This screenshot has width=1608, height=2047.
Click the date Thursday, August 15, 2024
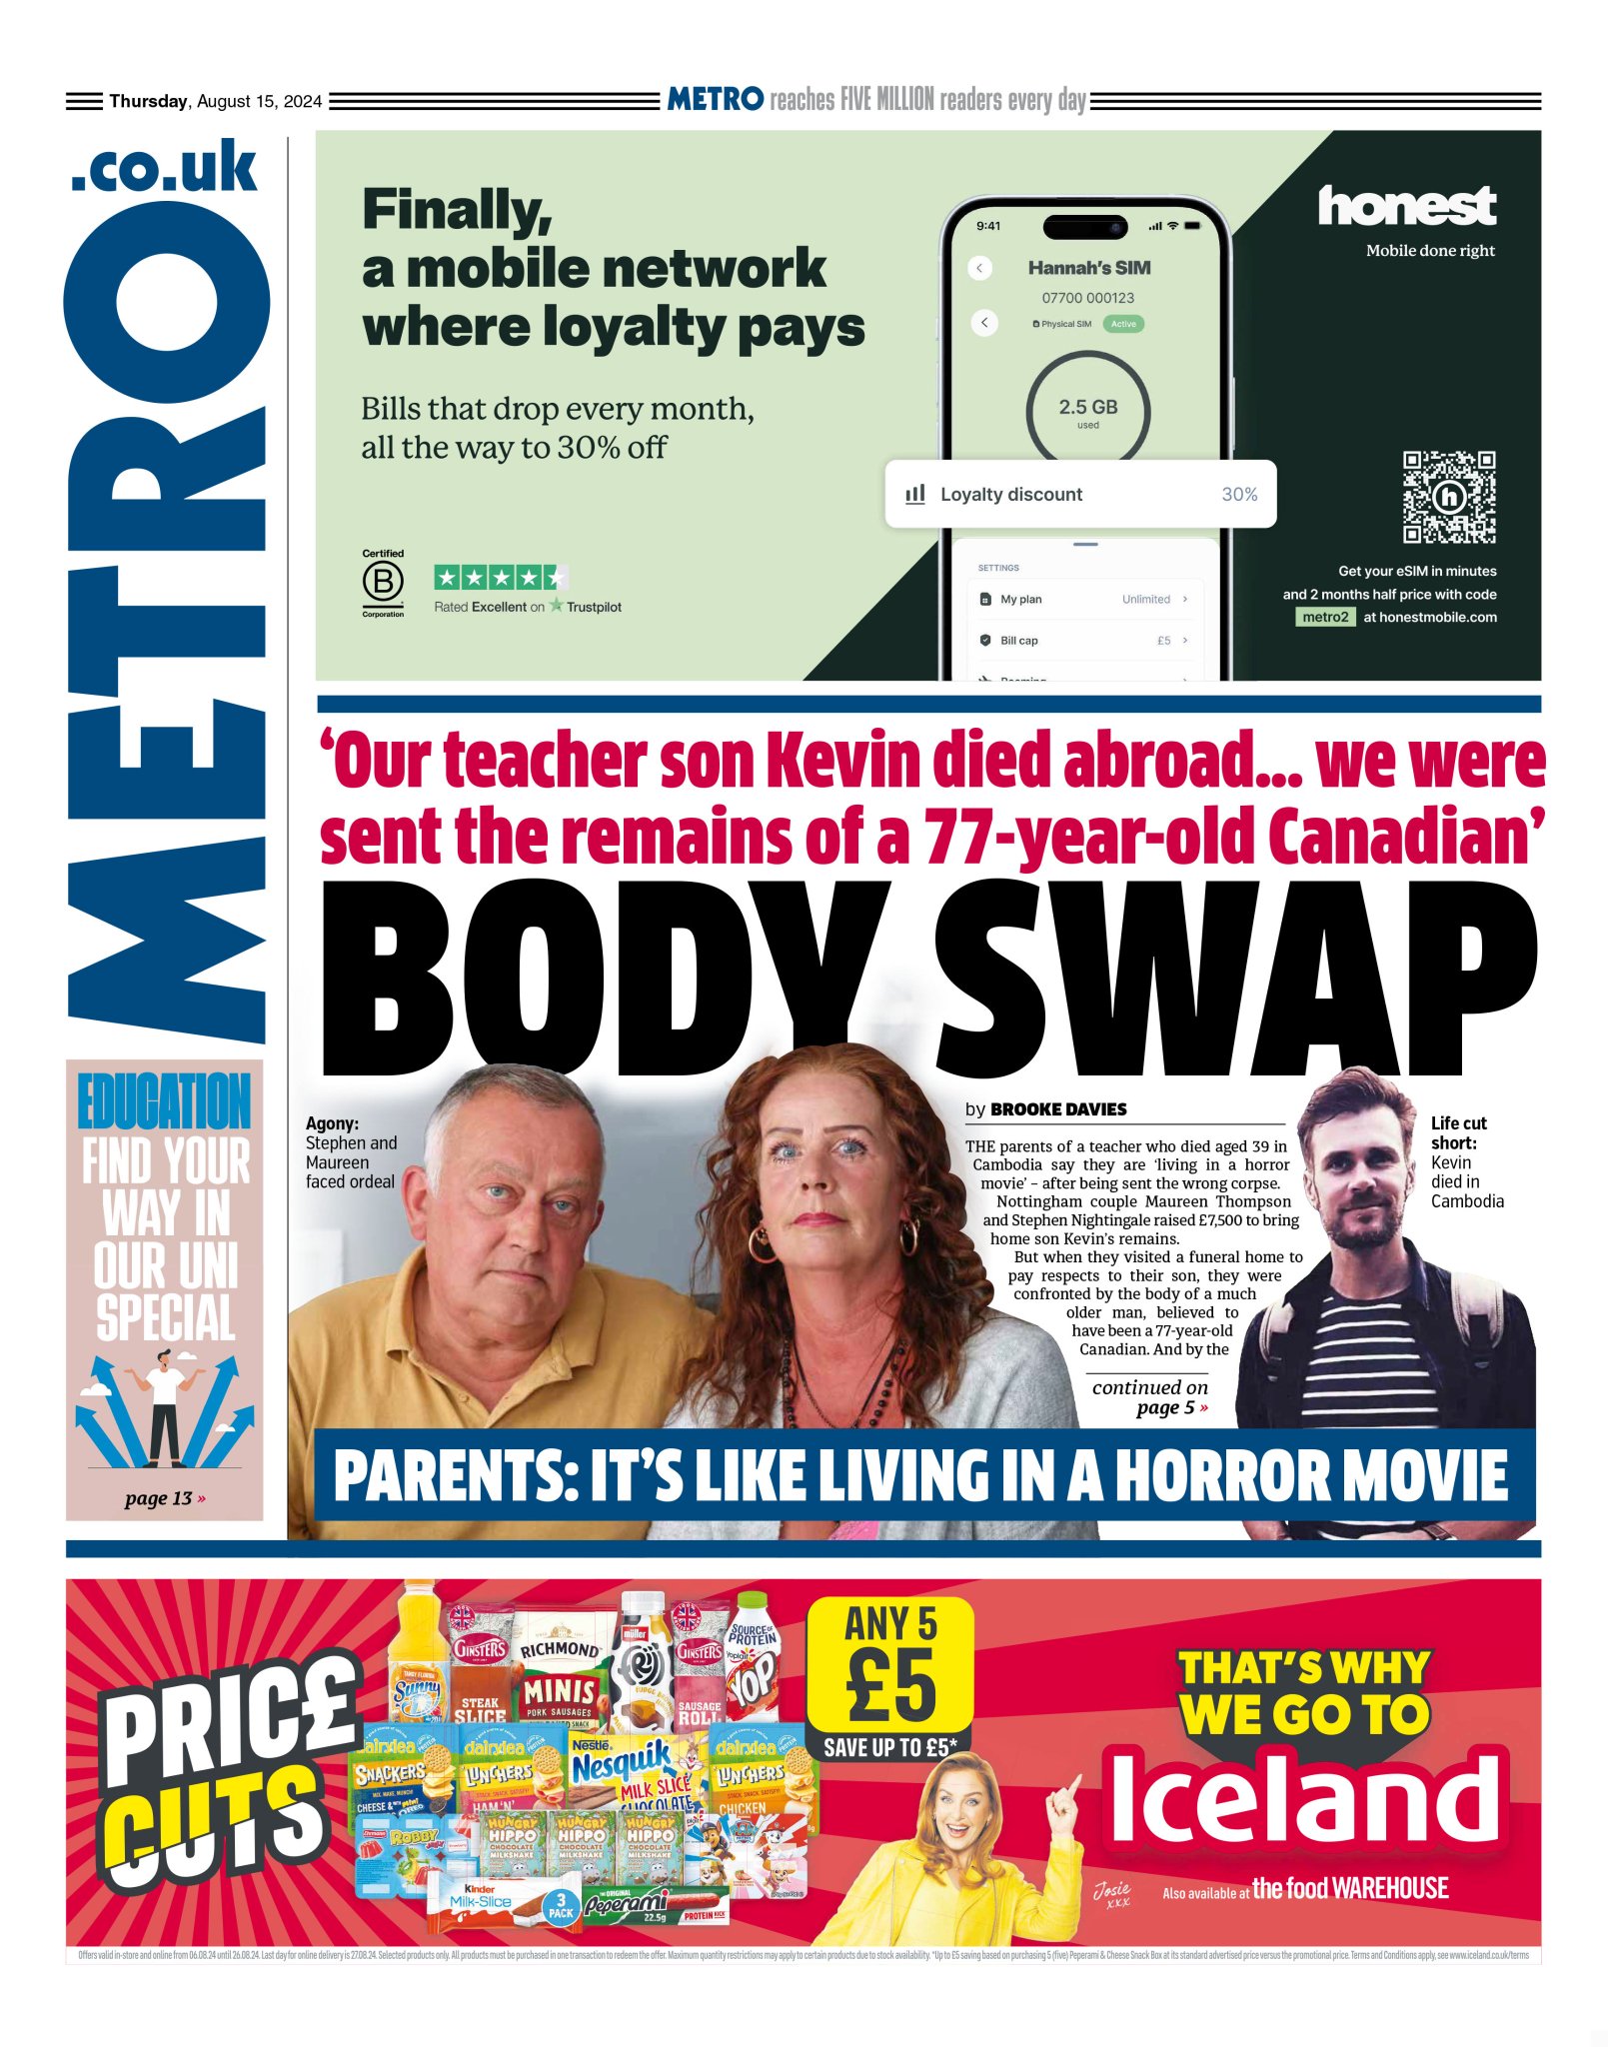pos(215,101)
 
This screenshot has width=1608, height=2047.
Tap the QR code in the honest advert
pos(1448,497)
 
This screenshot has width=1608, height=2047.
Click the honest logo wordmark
pos(1406,207)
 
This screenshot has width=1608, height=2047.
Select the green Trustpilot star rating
pos(501,577)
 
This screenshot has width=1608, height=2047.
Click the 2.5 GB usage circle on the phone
pos(1087,411)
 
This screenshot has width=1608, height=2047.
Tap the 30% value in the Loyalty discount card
pos(1239,494)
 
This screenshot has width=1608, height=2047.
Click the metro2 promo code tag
pos(1325,617)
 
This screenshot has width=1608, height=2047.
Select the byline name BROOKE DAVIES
pos(1058,1108)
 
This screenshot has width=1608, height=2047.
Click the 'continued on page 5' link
pos(1150,1397)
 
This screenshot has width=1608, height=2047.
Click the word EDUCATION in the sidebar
pos(165,1101)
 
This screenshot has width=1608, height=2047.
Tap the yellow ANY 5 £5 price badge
pos(889,1668)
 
